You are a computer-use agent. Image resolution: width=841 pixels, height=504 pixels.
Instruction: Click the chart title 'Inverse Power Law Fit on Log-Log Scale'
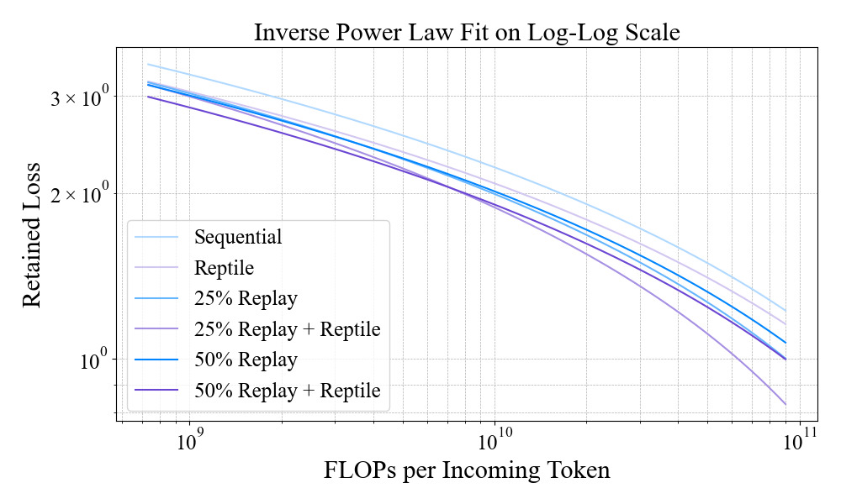click(x=467, y=33)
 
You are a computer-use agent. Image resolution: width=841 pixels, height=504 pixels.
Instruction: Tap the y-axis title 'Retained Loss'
click(x=31, y=238)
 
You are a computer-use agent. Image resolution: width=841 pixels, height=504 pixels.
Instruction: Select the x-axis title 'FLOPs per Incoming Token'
click(x=467, y=470)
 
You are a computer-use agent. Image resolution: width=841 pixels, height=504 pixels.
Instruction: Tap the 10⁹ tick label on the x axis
click(x=189, y=438)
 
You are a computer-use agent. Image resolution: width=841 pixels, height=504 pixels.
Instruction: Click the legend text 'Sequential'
click(x=238, y=237)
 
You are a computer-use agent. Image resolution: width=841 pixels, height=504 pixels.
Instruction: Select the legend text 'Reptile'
click(x=224, y=268)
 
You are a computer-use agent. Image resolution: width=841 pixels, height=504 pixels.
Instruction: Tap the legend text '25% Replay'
click(x=246, y=298)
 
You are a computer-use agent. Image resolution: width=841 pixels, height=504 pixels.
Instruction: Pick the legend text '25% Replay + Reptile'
click(x=287, y=329)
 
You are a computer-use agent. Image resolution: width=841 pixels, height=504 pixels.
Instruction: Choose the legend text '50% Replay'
click(x=246, y=360)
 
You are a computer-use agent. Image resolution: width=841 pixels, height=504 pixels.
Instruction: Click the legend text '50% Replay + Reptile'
click(x=287, y=391)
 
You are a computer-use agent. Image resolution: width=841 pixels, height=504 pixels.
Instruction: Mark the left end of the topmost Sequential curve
click(x=148, y=65)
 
